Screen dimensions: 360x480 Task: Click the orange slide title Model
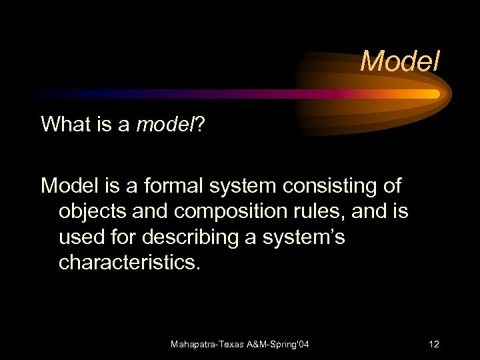pyautogui.click(x=400, y=62)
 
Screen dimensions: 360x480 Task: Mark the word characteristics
pyautogui.click(x=129, y=262)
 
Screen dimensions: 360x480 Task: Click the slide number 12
pyautogui.click(x=434, y=345)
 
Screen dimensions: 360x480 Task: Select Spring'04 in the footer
pyautogui.click(x=287, y=345)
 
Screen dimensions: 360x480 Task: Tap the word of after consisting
pyautogui.click(x=392, y=185)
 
